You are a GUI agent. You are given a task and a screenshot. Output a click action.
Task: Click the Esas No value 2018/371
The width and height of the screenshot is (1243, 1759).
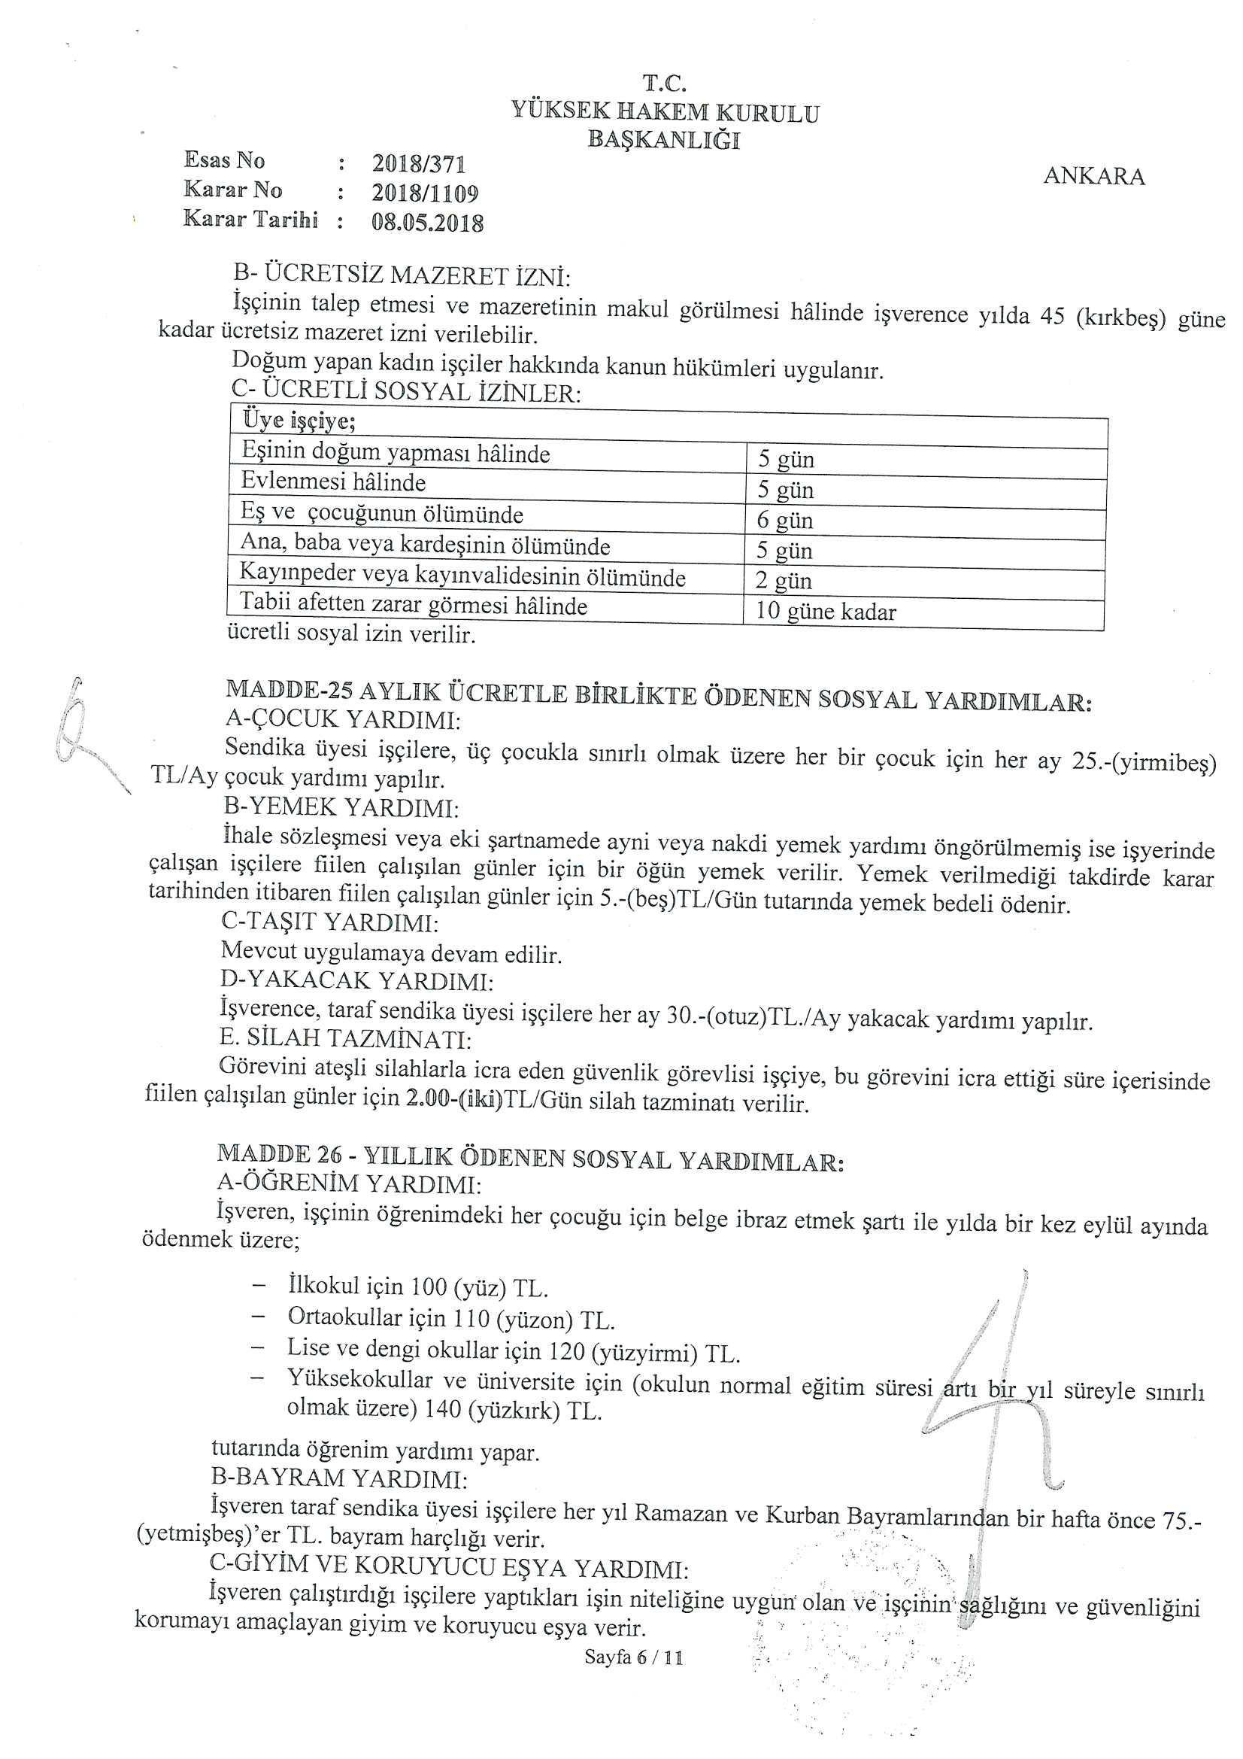tap(419, 164)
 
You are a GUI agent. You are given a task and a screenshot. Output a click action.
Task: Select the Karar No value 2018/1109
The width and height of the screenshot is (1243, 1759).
tap(425, 193)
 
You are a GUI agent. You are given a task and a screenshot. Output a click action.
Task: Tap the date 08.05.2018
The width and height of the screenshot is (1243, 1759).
tap(427, 222)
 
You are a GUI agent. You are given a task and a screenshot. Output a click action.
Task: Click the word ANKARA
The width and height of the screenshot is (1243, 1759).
tap(1093, 176)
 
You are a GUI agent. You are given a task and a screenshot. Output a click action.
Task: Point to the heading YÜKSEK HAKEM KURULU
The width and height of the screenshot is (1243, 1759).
tap(665, 113)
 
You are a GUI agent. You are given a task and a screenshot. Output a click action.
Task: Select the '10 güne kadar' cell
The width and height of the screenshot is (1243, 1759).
tap(825, 612)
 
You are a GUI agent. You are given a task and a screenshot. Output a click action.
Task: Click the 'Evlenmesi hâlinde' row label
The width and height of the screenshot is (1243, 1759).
tap(333, 482)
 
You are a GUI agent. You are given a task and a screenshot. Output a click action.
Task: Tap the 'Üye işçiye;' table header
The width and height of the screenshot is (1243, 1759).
tap(299, 421)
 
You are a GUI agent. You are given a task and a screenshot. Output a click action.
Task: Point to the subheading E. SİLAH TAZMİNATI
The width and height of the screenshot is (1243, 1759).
tap(344, 1039)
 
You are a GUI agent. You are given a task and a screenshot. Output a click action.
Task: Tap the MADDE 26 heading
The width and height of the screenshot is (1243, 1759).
tap(530, 1158)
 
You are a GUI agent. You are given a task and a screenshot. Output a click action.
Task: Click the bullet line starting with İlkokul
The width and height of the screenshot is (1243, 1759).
tap(417, 1287)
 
